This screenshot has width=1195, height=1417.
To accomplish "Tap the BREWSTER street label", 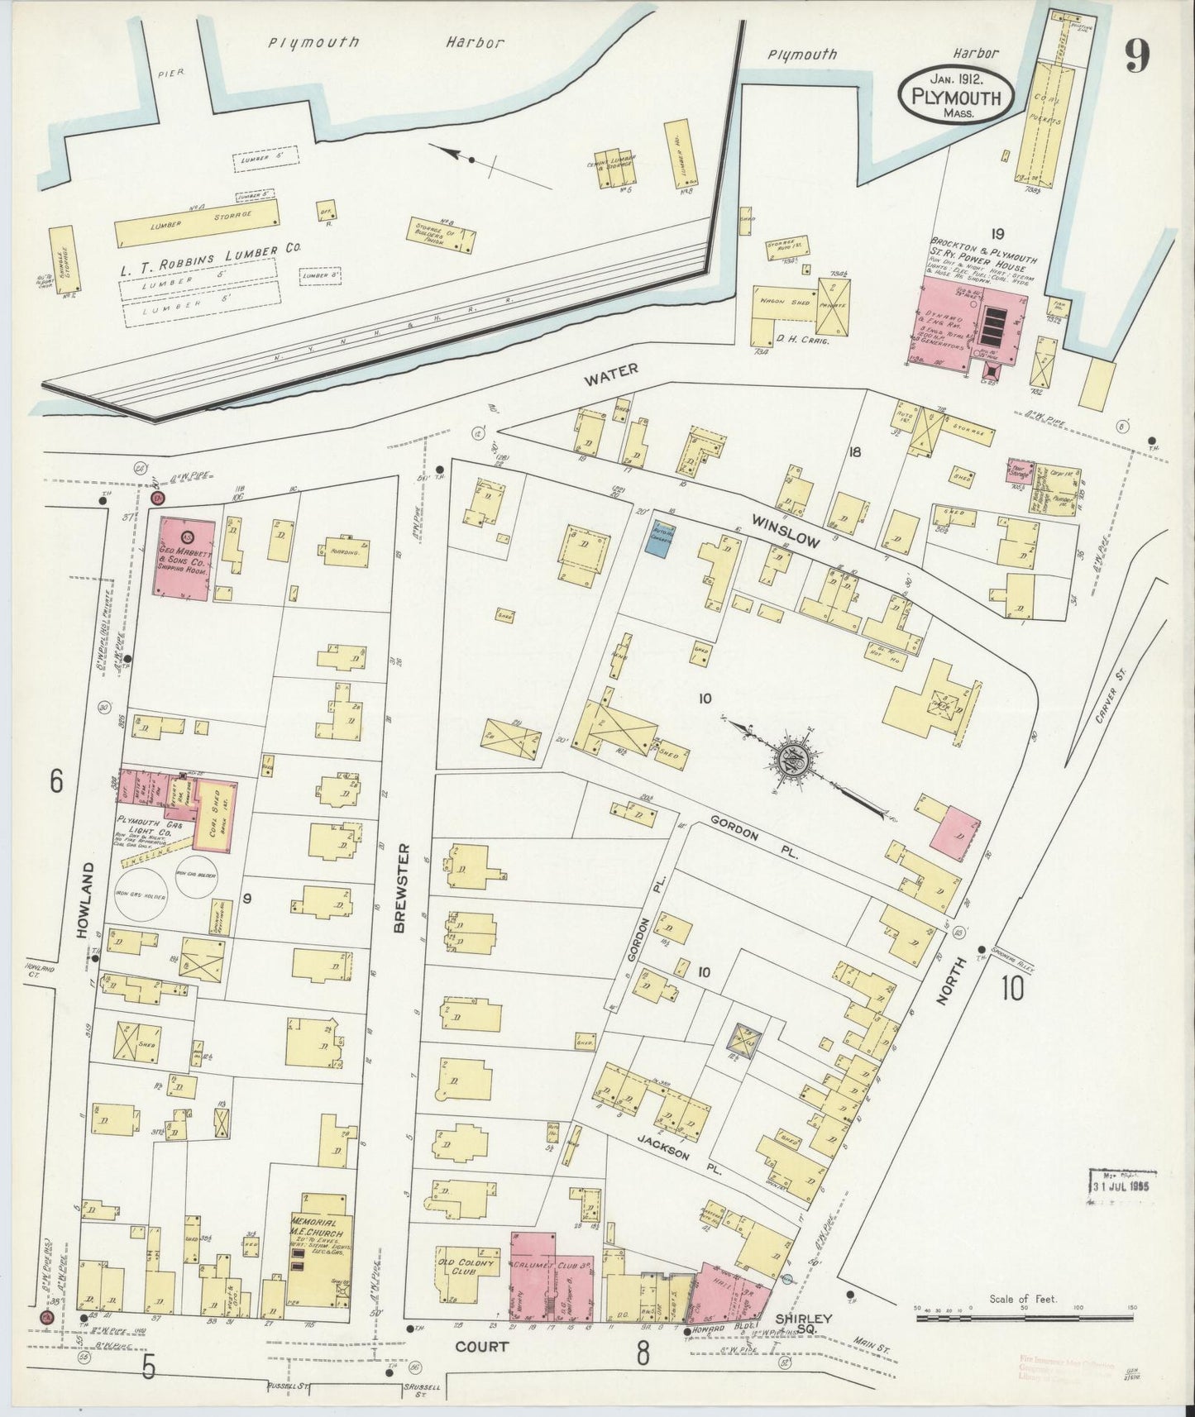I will tap(404, 888).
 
